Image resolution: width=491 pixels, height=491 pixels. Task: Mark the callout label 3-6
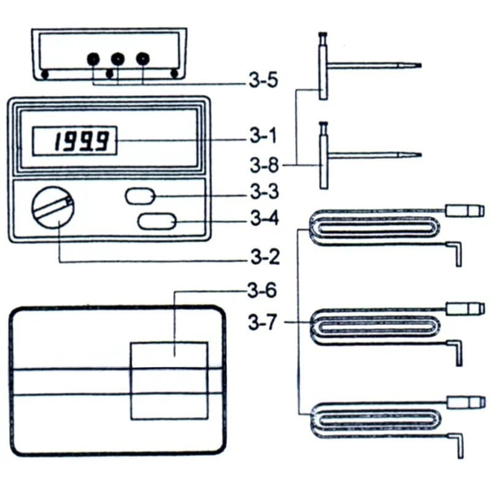(x=263, y=292)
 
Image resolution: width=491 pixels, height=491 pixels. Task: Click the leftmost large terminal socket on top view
(x=93, y=59)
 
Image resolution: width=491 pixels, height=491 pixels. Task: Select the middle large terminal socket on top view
(x=117, y=59)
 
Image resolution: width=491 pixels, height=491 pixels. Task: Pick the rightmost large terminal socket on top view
(x=142, y=59)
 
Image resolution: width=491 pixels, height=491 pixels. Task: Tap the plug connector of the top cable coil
(x=465, y=211)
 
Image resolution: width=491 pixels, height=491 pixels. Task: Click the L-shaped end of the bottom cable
(x=457, y=445)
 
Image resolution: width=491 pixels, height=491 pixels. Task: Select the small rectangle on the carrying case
(x=169, y=381)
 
